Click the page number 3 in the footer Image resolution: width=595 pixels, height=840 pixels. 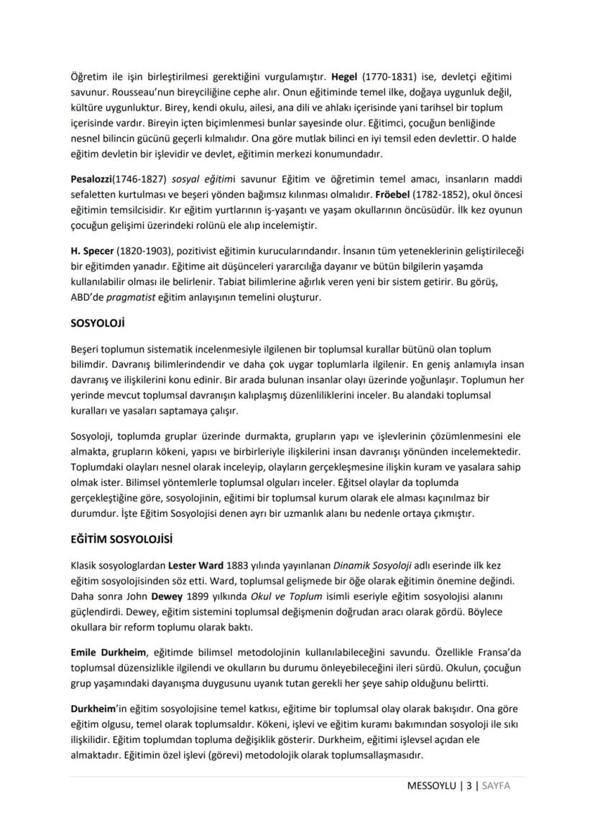pos(469,785)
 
